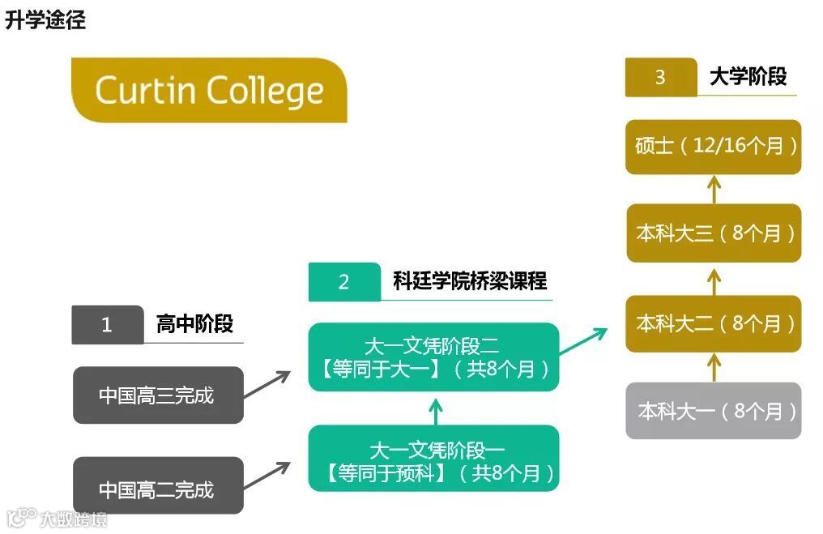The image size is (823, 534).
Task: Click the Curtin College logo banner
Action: click(209, 90)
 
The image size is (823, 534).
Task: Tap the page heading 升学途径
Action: click(45, 21)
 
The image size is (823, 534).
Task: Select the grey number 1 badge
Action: click(107, 325)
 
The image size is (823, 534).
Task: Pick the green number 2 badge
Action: click(344, 282)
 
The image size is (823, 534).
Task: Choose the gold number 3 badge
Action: click(660, 78)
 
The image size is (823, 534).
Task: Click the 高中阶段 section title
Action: click(194, 325)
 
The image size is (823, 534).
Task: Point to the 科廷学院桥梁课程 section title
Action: click(470, 281)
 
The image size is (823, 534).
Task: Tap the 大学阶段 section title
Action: click(748, 77)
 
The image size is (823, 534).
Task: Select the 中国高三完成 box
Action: click(158, 395)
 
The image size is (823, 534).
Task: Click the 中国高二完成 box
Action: click(158, 489)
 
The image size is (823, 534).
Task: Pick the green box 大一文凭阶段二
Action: click(433, 357)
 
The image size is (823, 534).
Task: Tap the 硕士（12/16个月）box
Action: click(713, 147)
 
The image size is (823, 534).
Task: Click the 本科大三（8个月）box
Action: click(713, 233)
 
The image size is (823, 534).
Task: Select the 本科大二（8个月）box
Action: click(713, 323)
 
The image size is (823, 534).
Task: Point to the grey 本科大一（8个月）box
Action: click(713, 411)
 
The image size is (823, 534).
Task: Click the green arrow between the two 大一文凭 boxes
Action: click(435, 411)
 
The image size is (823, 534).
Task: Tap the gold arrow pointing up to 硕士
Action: click(714, 190)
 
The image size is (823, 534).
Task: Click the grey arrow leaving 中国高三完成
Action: click(267, 384)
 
